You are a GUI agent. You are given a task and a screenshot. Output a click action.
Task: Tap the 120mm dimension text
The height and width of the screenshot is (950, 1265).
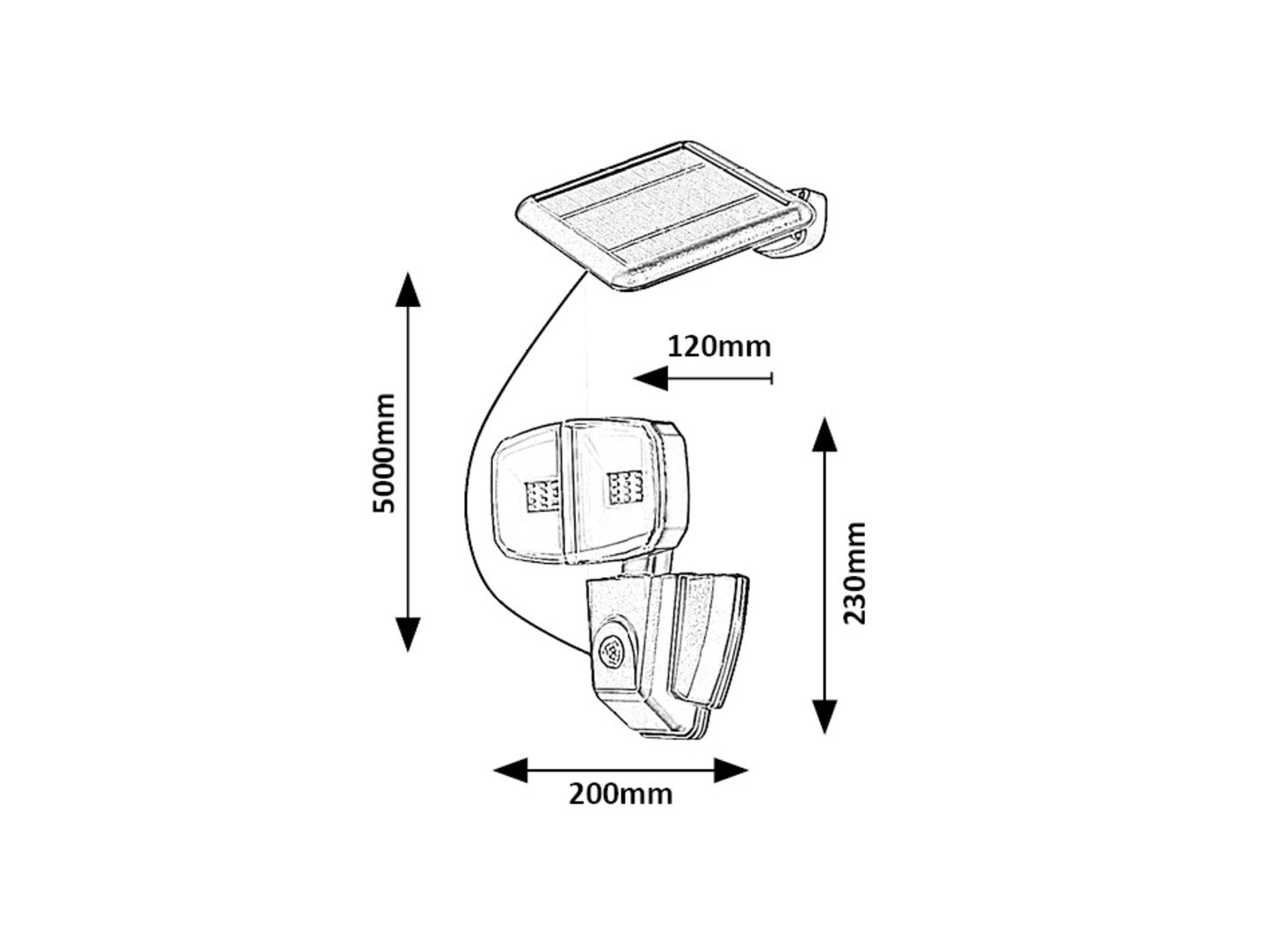[x=719, y=347]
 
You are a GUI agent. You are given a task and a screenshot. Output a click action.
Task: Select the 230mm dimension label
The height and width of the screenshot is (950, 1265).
[x=854, y=573]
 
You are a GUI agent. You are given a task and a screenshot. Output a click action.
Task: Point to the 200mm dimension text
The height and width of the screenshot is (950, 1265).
[x=620, y=794]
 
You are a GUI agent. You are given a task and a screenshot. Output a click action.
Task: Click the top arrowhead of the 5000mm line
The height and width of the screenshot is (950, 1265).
[x=408, y=289]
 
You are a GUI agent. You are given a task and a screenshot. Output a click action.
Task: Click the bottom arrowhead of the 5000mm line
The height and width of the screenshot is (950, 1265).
[x=408, y=635]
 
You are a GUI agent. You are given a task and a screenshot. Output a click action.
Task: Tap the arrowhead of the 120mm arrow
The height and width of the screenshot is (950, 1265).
[x=651, y=378]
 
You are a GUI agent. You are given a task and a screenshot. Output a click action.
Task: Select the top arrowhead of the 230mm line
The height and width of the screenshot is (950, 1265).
[x=825, y=434]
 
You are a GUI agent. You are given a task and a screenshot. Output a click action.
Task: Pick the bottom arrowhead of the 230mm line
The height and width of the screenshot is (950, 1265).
[x=825, y=717]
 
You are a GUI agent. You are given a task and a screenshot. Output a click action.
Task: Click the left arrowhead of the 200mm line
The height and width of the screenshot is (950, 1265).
[x=511, y=771]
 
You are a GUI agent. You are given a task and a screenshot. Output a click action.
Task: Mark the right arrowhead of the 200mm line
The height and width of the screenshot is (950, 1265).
[x=731, y=771]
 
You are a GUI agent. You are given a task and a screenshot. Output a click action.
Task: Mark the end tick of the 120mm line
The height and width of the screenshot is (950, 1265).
[x=771, y=378]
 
